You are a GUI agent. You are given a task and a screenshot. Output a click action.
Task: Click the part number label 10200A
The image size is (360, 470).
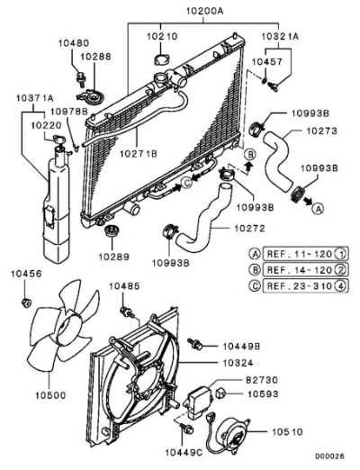click(x=204, y=12)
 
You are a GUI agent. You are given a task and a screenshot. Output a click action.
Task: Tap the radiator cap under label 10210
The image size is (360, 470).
click(x=162, y=59)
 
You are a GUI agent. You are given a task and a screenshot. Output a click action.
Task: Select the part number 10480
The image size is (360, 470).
click(x=74, y=43)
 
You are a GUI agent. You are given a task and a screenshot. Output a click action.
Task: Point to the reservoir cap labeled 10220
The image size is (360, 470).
click(x=58, y=139)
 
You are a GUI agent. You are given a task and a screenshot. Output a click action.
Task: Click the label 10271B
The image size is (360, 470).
click(x=139, y=154)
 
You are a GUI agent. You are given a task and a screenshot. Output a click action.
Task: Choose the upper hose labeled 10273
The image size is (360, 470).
click(x=278, y=159)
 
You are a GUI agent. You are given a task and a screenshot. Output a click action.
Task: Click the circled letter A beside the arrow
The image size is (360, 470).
click(x=318, y=208)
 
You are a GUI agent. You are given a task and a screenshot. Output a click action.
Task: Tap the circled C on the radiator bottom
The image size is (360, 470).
click(x=187, y=182)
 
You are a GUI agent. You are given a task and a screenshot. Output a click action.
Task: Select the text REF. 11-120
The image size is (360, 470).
click(x=299, y=254)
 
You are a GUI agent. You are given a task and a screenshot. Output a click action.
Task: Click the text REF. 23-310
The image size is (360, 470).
click(x=299, y=285)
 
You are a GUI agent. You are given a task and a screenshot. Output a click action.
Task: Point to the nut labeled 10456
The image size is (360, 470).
click(x=26, y=303)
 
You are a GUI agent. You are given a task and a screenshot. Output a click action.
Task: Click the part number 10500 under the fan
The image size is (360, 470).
click(x=50, y=395)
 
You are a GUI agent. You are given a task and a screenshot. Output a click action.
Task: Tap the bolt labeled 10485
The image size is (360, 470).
click(x=128, y=312)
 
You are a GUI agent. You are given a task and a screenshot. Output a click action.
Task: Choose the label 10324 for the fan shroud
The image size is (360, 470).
click(x=238, y=363)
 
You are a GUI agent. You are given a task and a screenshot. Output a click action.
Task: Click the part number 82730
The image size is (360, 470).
click(x=262, y=380)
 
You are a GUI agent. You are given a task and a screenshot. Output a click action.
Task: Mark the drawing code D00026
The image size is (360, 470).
click(x=329, y=456)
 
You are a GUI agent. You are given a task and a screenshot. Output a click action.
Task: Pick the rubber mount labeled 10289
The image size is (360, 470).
click(x=112, y=230)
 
